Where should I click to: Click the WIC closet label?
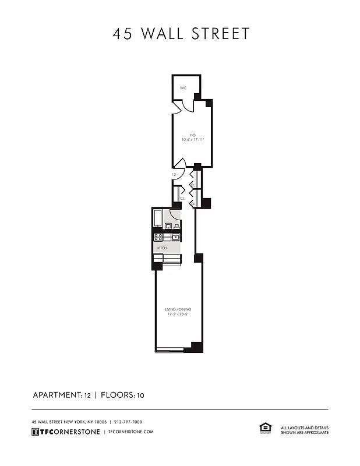click(x=183, y=88)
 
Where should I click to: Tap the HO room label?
click(x=192, y=135)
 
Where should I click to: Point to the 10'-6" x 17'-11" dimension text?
click(x=192, y=140)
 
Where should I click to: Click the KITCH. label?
click(x=162, y=248)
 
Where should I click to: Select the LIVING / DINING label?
click(x=178, y=309)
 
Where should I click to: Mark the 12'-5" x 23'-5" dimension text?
click(x=178, y=315)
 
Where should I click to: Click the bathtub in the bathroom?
click(x=158, y=218)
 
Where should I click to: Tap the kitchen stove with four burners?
click(x=158, y=236)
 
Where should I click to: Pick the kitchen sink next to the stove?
click(x=175, y=236)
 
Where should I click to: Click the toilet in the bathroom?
click(x=176, y=226)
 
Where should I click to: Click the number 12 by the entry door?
click(x=174, y=175)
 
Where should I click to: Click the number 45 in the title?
click(x=123, y=34)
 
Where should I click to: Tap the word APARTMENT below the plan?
click(x=57, y=395)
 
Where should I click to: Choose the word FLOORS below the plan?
click(x=118, y=395)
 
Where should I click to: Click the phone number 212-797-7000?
click(x=128, y=422)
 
